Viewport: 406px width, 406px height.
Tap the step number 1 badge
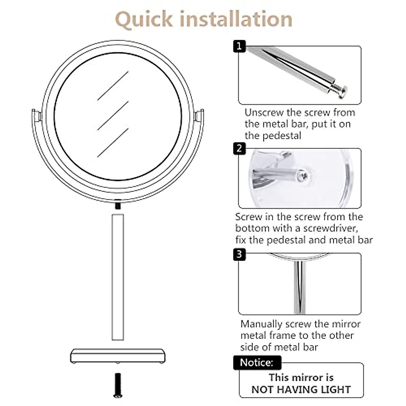point(240,46)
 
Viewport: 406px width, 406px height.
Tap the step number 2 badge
point(240,149)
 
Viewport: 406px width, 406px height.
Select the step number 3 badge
point(240,254)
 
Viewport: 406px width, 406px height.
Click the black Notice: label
point(256,362)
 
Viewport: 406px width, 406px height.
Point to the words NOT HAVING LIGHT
point(301,389)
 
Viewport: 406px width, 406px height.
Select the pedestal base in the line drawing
point(118,356)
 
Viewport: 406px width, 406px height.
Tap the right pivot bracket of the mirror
point(200,115)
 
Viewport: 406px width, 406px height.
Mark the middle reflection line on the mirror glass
point(113,115)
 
